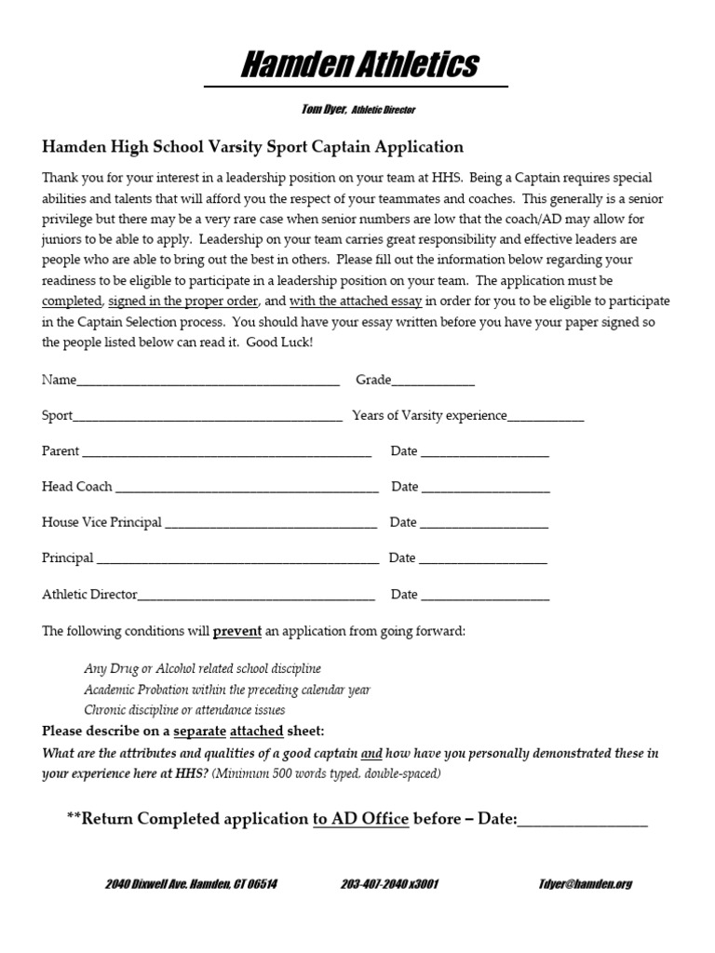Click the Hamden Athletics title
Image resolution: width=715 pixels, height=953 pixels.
pos(360,64)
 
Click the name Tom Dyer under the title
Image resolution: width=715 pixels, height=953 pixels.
pos(323,109)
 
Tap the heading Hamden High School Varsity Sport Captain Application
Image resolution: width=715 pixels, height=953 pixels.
pos(252,147)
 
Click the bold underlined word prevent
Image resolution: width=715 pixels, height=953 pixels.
pos(237,631)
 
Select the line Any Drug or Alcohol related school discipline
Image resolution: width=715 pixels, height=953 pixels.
pos(202,668)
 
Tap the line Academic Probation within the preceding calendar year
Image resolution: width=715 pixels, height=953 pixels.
pos(227,690)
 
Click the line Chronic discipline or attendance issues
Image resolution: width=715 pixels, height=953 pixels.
pos(184,710)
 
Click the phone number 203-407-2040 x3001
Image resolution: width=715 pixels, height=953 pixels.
pos(389,883)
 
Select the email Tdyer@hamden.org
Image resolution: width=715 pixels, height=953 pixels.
pos(585,883)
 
